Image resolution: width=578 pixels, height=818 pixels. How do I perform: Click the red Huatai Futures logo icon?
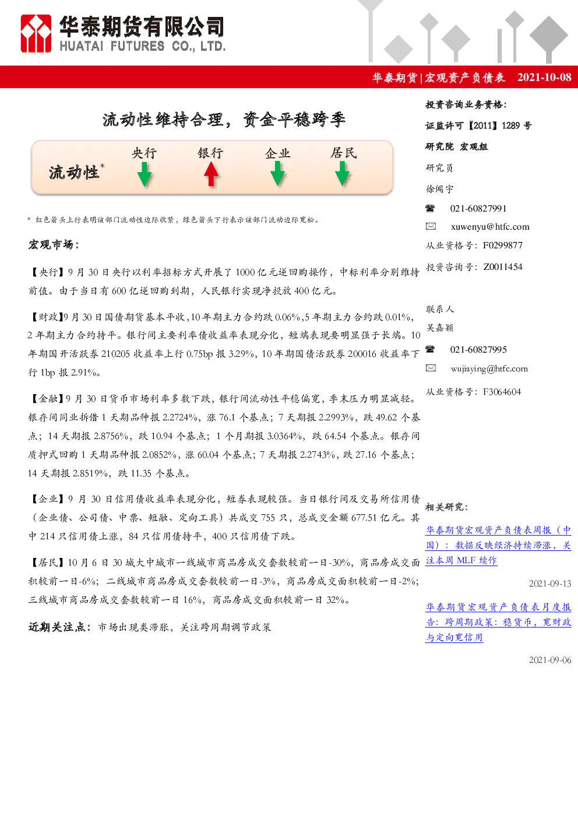point(36,34)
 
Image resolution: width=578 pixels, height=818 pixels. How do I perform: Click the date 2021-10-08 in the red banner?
point(544,77)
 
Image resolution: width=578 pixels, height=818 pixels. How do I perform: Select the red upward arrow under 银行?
point(211,174)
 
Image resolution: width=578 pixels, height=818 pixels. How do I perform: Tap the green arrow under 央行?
point(144,174)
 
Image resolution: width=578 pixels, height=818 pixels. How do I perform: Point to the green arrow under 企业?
point(277,174)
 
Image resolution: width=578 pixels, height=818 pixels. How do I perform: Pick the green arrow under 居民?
point(342,174)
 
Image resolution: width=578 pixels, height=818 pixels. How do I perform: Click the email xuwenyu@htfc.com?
point(490,227)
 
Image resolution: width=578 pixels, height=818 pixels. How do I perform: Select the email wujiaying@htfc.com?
point(489,368)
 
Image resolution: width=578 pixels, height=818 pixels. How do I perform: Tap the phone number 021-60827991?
point(478,209)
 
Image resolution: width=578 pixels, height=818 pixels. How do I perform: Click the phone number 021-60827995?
point(478,349)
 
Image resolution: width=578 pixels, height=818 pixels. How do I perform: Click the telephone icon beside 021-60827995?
point(430,349)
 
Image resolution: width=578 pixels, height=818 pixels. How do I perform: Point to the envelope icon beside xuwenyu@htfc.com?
point(431,226)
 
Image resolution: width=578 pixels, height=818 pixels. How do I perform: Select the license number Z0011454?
point(503,267)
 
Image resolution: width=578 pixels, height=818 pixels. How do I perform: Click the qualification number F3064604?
point(502,392)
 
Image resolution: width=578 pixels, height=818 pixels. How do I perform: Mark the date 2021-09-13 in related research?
point(550,584)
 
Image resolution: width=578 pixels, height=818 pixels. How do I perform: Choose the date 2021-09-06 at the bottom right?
point(550,660)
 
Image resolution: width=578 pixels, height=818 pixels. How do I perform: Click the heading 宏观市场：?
point(54,244)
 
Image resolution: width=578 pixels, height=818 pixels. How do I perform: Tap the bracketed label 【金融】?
point(47,398)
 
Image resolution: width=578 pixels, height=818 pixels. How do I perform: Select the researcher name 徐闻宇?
point(440,189)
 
